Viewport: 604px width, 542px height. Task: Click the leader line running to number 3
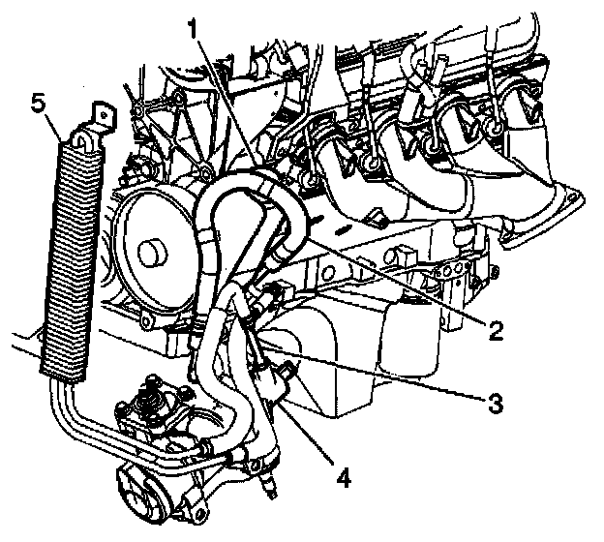coord(387,377)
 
